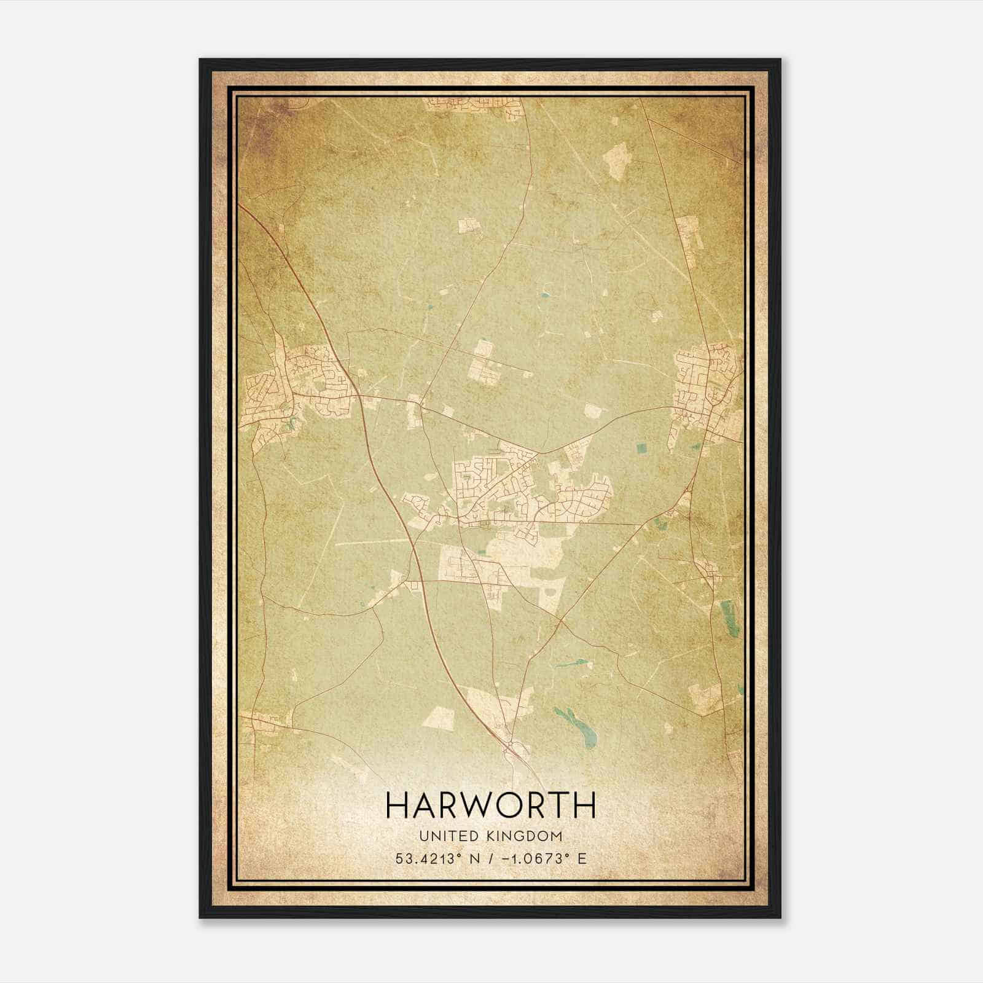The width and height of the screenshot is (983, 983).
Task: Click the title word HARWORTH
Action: [491, 805]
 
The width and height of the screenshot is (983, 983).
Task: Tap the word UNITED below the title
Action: [441, 836]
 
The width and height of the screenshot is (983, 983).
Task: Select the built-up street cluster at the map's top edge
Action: [476, 106]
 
